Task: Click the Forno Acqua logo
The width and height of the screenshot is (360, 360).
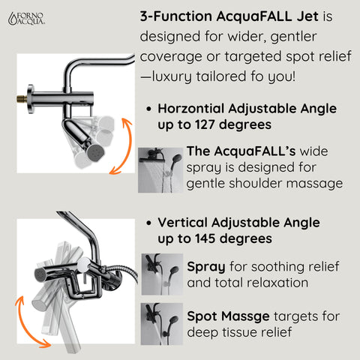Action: [x=26, y=19]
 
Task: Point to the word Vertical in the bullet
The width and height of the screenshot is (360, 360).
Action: [x=183, y=223]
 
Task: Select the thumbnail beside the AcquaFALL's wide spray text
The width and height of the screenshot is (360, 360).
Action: [x=160, y=168]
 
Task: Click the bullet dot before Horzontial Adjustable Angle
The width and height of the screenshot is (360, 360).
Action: [x=148, y=109]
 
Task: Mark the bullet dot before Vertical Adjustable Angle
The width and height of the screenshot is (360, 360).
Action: [x=148, y=223]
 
